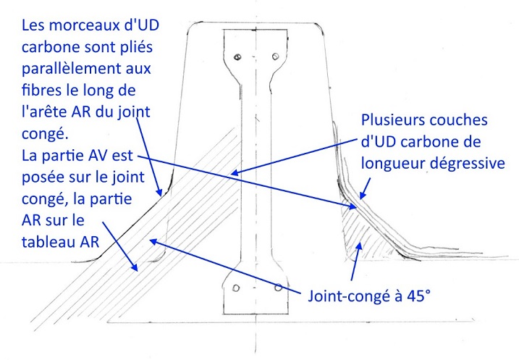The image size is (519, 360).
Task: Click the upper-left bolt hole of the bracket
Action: click(x=237, y=57)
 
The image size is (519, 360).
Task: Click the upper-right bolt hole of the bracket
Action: click(x=275, y=56)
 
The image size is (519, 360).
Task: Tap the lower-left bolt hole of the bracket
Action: click(x=236, y=288)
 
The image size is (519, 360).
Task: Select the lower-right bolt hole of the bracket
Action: click(x=279, y=288)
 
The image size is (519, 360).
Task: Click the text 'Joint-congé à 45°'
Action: click(x=369, y=296)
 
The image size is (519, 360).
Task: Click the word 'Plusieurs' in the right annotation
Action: click(x=389, y=120)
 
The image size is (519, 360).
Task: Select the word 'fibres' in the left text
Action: click(x=42, y=90)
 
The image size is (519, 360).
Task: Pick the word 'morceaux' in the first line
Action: click(x=85, y=26)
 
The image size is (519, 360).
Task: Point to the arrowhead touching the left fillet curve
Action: click(x=159, y=191)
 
